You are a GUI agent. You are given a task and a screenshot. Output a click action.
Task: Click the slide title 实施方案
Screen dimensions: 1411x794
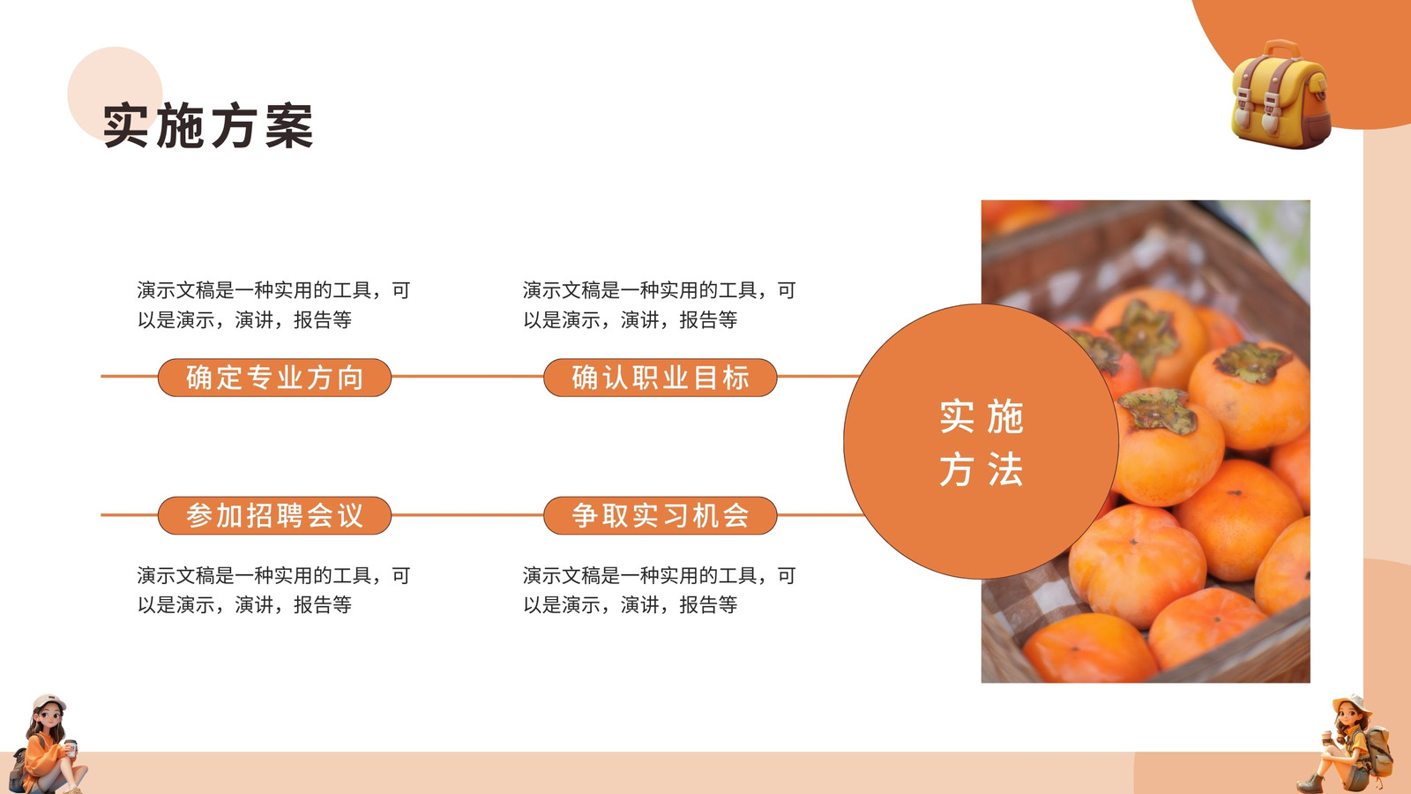(208, 126)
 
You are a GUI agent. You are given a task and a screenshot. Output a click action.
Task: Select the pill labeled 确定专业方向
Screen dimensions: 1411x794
(274, 378)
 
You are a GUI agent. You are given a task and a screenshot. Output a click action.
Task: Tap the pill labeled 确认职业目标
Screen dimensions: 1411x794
(661, 378)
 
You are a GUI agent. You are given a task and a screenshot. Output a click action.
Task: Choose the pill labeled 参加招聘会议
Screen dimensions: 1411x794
(274, 515)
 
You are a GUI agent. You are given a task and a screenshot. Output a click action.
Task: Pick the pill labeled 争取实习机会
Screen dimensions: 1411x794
(661, 515)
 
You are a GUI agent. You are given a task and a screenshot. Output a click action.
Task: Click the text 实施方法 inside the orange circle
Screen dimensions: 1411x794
(981, 442)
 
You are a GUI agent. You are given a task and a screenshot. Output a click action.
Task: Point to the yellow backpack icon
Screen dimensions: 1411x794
(1280, 94)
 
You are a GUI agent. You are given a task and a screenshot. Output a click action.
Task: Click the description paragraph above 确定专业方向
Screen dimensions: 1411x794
(274, 305)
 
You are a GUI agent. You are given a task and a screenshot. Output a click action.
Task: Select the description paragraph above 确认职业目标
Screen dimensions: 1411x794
(660, 305)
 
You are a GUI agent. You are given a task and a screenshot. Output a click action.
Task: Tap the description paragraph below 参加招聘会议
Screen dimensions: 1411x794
(274, 590)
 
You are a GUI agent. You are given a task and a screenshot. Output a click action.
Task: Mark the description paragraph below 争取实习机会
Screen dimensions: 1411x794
(660, 590)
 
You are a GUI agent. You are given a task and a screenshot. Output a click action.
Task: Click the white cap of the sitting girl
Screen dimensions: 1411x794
(49, 701)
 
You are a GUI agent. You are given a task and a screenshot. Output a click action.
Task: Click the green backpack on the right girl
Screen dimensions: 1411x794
(1379, 750)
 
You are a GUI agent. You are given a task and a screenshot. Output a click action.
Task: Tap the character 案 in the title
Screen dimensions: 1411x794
(289, 126)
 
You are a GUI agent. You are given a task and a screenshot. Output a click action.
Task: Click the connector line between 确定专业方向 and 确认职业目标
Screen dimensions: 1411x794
(467, 376)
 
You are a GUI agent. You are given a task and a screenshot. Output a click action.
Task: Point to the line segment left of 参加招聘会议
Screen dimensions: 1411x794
(129, 515)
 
